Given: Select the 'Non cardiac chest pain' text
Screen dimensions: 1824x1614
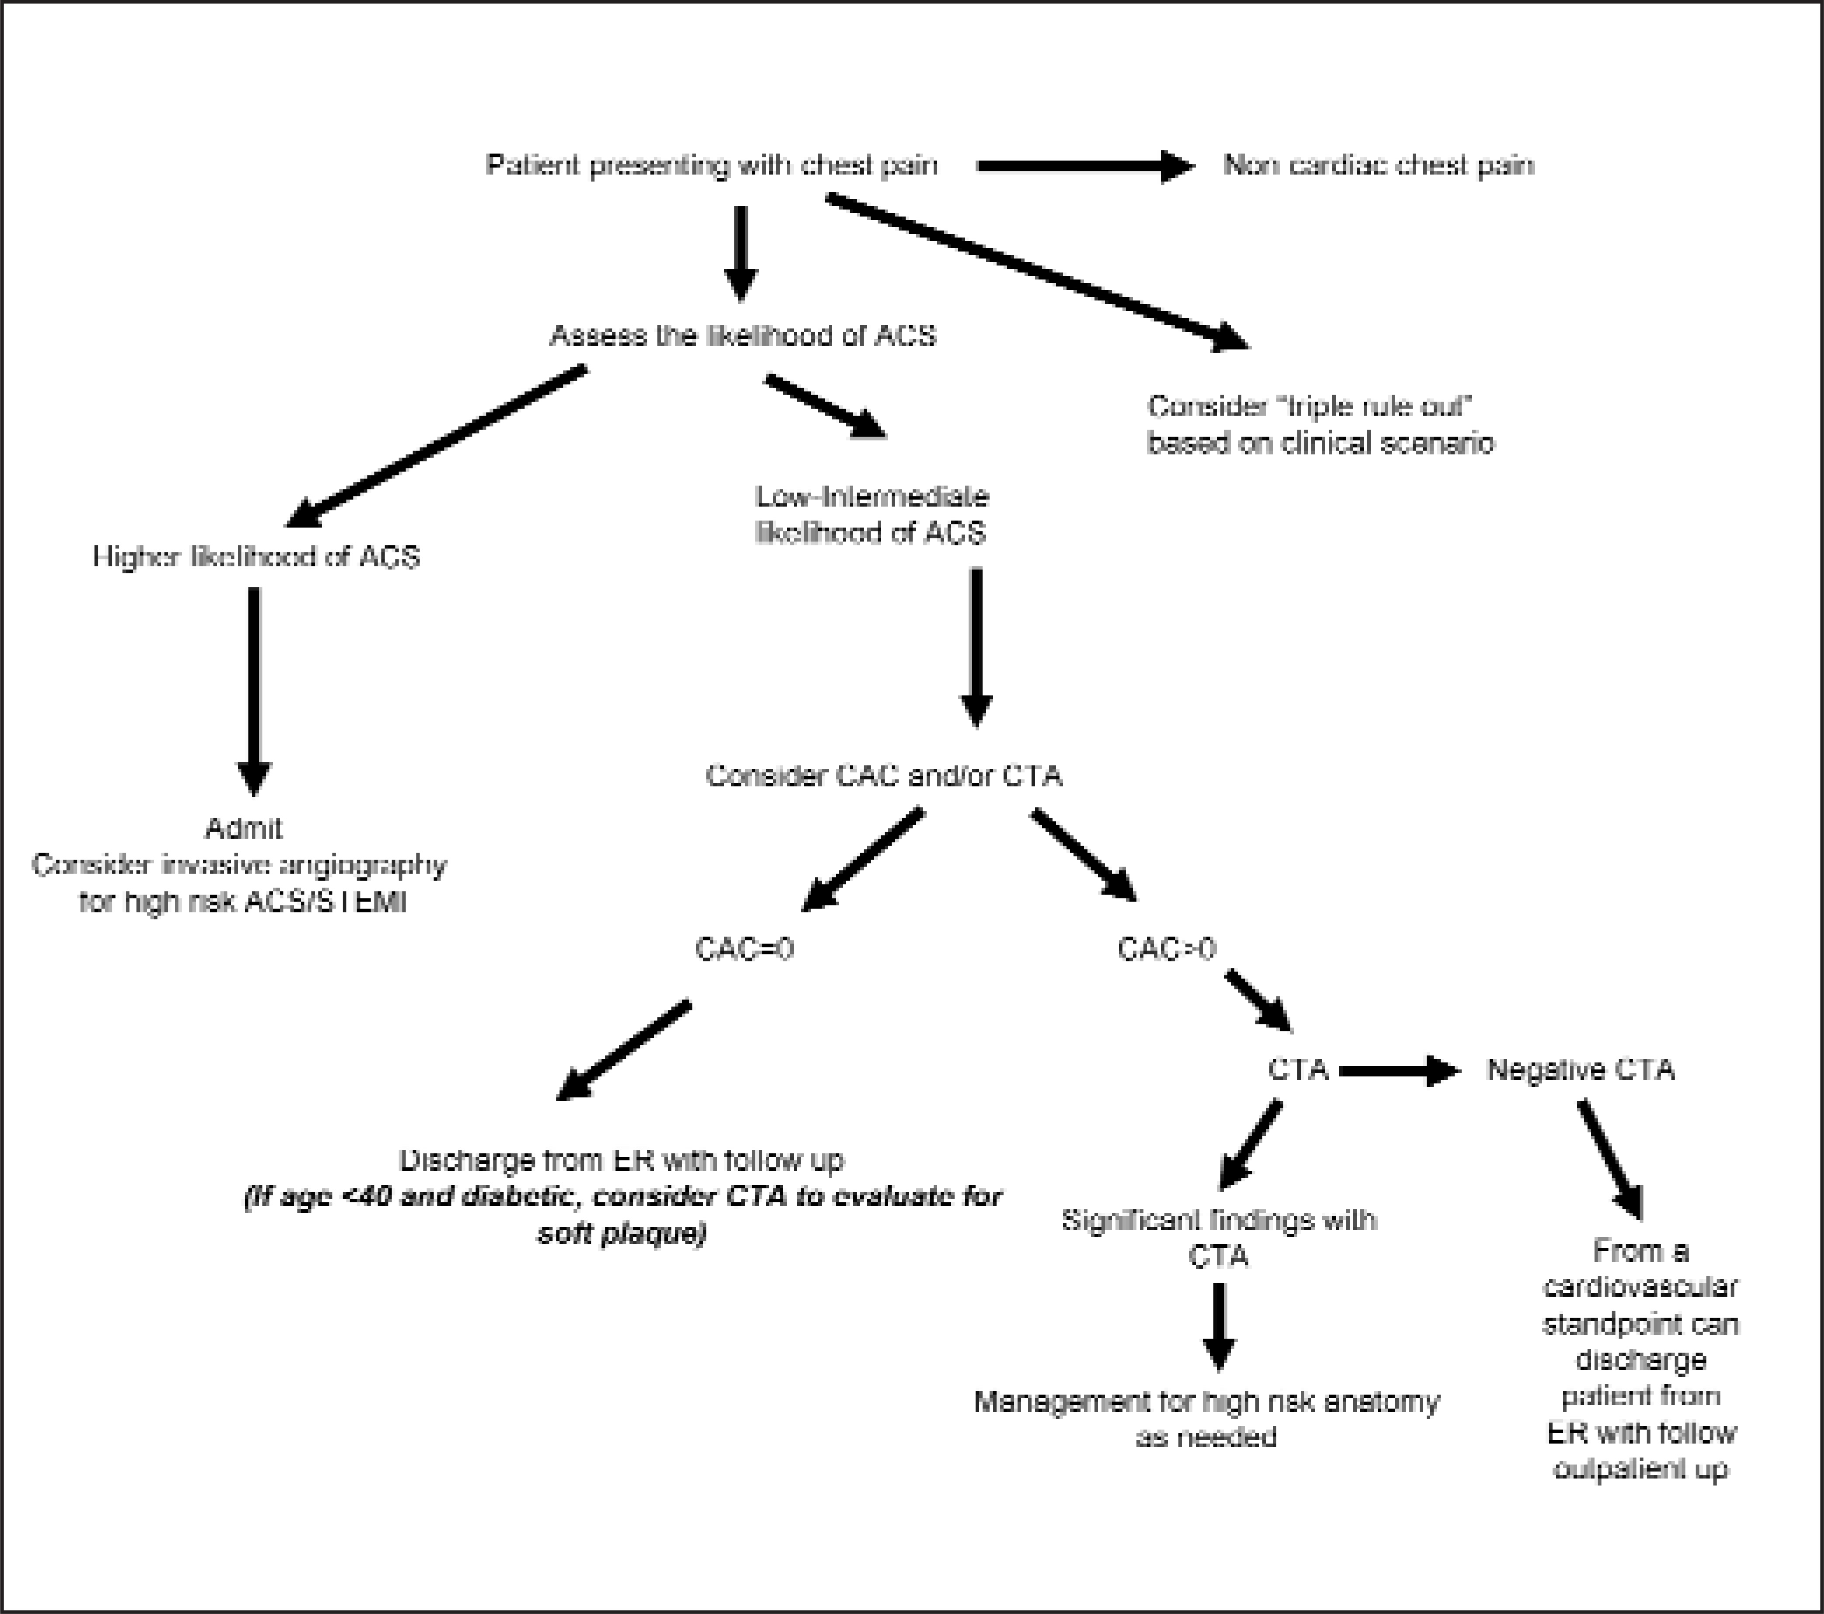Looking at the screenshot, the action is click(x=1379, y=165).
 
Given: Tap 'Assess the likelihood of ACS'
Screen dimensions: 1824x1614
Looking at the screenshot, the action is click(x=743, y=336).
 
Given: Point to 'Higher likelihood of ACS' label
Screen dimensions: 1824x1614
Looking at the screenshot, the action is click(x=256, y=557).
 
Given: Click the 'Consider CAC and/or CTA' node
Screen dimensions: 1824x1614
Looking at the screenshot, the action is click(x=883, y=775).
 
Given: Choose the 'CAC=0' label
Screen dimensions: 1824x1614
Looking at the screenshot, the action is click(x=744, y=948).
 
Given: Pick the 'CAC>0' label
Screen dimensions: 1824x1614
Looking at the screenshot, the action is click(x=1166, y=948).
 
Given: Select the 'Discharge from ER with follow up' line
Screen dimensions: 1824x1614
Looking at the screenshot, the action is click(x=621, y=1160).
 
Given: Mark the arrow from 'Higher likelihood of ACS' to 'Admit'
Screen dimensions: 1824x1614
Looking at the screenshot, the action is click(x=254, y=691).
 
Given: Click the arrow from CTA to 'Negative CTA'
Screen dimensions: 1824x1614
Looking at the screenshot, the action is click(x=1399, y=1071).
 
